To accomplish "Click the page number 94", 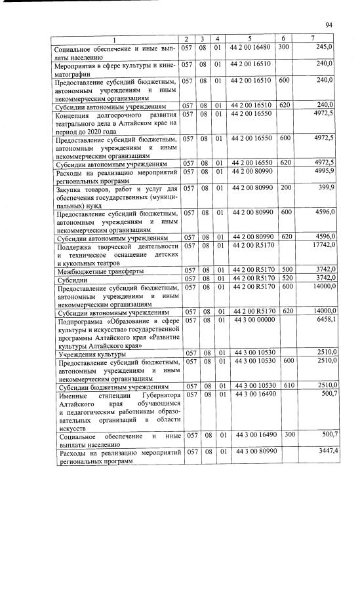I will tap(329, 25).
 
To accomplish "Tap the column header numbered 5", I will tap(249, 40).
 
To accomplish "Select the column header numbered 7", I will tap(316, 40).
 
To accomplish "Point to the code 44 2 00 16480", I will tap(250, 48).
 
